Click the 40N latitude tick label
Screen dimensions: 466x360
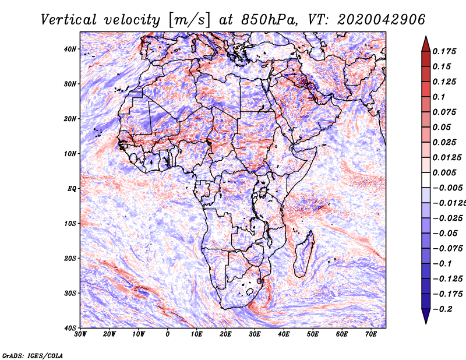[70, 49]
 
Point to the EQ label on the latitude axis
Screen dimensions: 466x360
[72, 189]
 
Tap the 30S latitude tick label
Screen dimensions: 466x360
[70, 293]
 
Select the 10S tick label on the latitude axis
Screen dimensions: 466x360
[70, 223]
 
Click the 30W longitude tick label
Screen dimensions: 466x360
[80, 334]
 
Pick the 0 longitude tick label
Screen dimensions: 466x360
[168, 334]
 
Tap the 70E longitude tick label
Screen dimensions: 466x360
[370, 334]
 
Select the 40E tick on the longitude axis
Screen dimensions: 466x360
[284, 334]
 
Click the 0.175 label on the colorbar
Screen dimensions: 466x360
[444, 51]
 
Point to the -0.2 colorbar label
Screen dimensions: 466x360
[442, 309]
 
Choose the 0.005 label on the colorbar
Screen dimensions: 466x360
[444, 172]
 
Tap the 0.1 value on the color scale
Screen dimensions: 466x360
[439, 97]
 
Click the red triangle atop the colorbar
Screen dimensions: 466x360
[426, 44]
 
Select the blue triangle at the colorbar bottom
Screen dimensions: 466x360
[426, 316]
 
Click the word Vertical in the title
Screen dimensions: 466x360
[69, 20]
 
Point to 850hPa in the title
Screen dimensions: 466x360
[269, 20]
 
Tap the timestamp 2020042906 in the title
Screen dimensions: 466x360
[382, 20]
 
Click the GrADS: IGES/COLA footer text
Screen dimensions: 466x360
[33, 355]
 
